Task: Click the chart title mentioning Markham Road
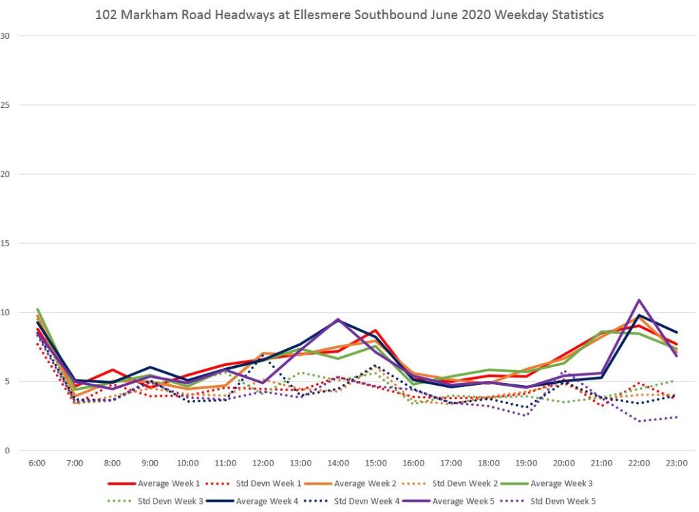(x=349, y=14)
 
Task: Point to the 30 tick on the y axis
(x=6, y=35)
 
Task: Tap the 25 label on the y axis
(x=6, y=104)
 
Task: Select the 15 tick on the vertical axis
(x=6, y=243)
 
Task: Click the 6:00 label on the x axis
(x=37, y=463)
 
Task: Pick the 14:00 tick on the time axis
(x=338, y=463)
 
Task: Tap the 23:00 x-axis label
(x=676, y=463)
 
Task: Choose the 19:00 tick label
(x=526, y=463)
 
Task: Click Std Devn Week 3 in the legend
(x=167, y=501)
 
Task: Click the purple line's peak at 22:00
(x=639, y=300)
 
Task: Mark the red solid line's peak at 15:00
(x=375, y=330)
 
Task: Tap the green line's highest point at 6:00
(x=38, y=309)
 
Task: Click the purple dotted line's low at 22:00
(x=639, y=421)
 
